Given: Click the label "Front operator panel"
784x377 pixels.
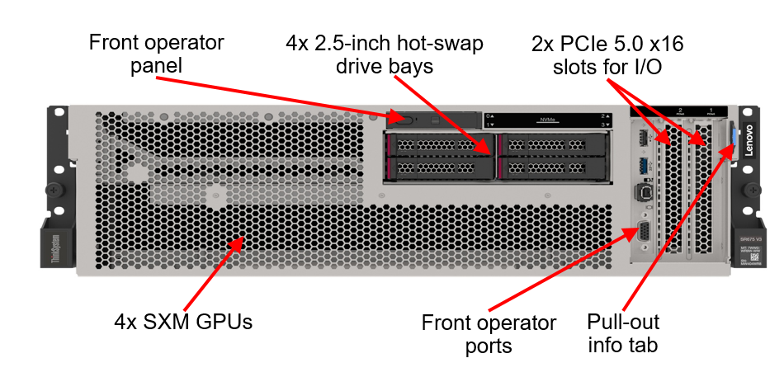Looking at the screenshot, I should tap(156, 53).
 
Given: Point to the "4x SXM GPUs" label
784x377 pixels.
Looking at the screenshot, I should tap(183, 321).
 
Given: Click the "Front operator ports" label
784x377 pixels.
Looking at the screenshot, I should tap(489, 333).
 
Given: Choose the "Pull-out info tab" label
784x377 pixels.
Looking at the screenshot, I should tap(623, 332).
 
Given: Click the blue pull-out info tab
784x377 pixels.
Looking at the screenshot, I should tap(732, 137).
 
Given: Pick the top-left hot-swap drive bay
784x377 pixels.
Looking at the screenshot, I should tap(438, 145).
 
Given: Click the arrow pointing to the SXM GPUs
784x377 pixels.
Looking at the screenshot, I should tap(214, 273).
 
